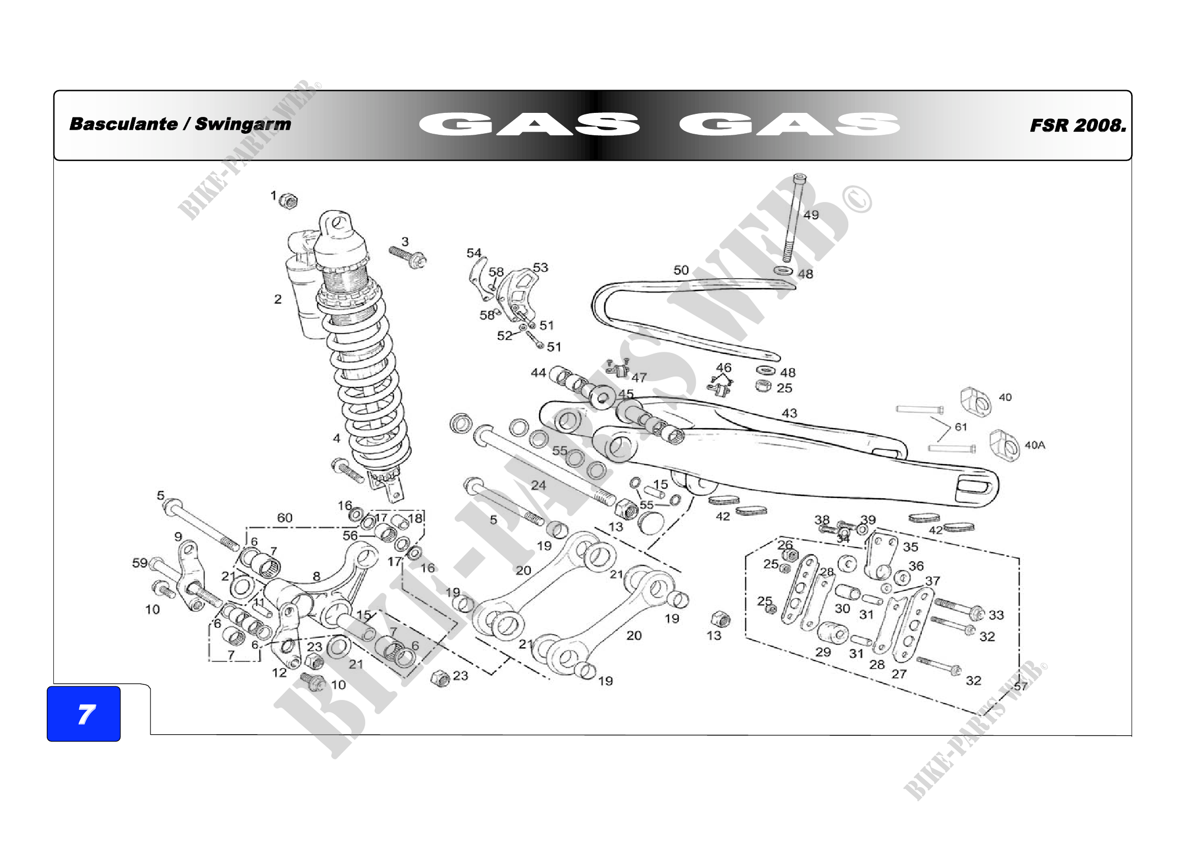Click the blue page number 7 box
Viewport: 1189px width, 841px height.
point(83,713)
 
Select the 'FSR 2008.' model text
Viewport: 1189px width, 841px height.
point(1078,125)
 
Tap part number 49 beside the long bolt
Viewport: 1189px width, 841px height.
point(811,215)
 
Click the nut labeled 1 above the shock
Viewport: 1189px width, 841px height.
point(288,200)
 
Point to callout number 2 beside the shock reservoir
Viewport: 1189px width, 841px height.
point(278,299)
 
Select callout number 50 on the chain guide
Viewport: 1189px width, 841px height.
point(681,271)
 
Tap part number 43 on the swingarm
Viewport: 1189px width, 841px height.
point(789,413)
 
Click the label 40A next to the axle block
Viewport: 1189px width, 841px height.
point(1034,445)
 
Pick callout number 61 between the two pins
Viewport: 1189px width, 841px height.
point(961,427)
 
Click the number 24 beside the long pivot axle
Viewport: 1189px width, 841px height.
point(538,485)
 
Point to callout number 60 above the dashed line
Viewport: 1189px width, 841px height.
point(285,518)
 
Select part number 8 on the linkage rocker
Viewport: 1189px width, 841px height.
point(316,576)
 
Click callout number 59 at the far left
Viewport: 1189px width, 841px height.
point(140,563)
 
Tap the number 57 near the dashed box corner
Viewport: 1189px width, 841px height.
point(1020,686)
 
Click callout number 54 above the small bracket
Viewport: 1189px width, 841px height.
point(474,253)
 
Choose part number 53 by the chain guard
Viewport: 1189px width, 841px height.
point(540,267)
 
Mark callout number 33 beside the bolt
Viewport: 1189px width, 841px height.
point(996,615)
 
